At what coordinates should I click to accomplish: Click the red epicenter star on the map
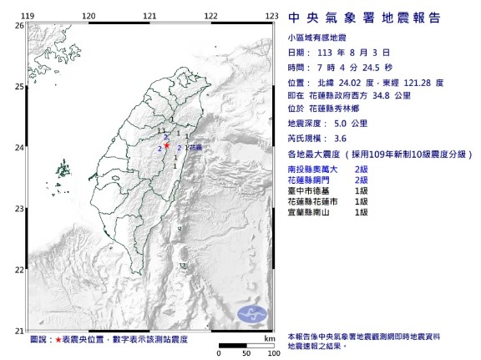(168, 144)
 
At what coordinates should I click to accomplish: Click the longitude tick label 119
(27, 16)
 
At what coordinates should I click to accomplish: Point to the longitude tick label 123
(271, 16)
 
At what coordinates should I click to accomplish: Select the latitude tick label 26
(18, 26)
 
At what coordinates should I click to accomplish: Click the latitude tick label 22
(18, 269)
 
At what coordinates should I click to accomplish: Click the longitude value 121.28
(422, 83)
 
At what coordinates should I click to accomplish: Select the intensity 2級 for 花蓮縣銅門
(362, 180)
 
